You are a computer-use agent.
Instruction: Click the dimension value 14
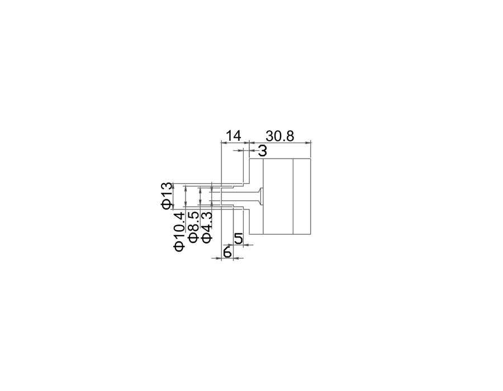[x=234, y=136]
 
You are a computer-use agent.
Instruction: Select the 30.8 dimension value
[x=280, y=136]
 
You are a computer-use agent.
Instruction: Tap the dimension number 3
[x=263, y=151]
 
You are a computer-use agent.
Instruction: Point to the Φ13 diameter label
[x=167, y=196]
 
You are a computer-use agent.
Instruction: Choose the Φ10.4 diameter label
[x=179, y=231]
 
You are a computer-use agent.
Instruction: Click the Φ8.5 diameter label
[x=193, y=227]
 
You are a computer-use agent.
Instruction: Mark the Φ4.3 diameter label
[x=207, y=227]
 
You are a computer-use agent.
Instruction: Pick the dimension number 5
[x=238, y=239]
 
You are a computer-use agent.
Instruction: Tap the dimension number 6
[x=227, y=252]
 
